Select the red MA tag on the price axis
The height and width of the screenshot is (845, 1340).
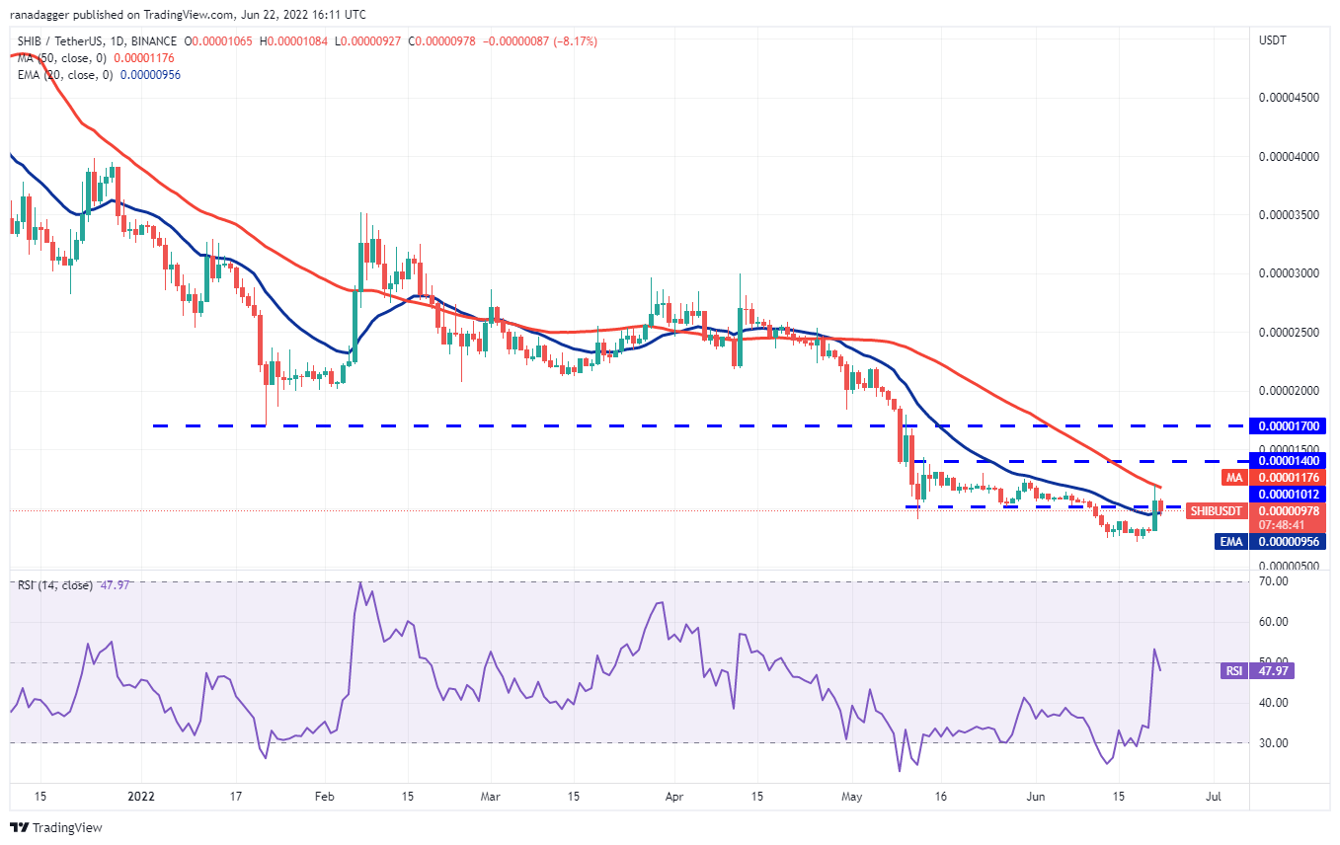point(1233,478)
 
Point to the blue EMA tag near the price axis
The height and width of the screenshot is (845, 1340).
point(1230,541)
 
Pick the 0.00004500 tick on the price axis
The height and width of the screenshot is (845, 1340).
point(1289,97)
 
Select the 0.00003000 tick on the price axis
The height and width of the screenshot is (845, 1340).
point(1289,273)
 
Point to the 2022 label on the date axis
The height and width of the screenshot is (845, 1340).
point(141,795)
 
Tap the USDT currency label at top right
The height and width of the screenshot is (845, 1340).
point(1273,40)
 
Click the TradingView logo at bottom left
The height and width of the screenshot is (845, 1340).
point(56,827)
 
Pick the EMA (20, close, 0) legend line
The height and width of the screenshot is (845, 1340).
point(99,75)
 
